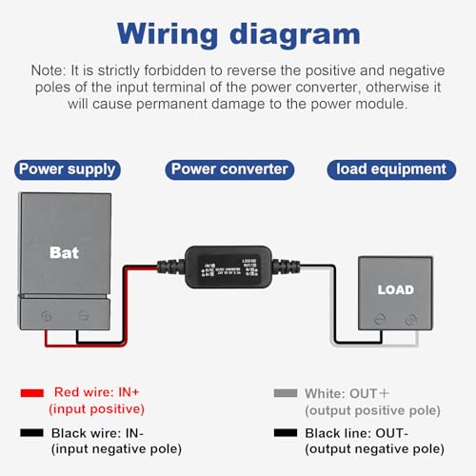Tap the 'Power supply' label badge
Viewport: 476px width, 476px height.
tap(68, 169)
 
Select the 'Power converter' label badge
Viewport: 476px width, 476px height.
tap(229, 169)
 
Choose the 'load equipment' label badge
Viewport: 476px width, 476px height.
tap(390, 169)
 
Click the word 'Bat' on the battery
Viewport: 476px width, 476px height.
tap(65, 253)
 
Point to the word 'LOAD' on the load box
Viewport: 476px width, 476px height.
tap(395, 289)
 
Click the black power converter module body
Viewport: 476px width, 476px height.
tap(228, 270)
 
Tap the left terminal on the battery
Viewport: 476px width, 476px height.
tap(48, 312)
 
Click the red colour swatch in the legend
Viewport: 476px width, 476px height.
tap(33, 392)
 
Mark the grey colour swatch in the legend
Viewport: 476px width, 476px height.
tap(284, 392)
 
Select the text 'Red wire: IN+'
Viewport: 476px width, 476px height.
tap(99, 392)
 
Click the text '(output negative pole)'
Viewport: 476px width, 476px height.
tap(374, 448)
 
